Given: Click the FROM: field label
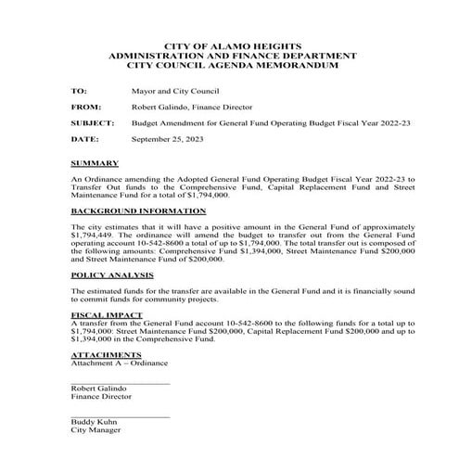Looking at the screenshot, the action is tap(84, 108).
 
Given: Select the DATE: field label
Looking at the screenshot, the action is tap(83, 138).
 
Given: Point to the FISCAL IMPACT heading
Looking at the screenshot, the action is tap(101, 315).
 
